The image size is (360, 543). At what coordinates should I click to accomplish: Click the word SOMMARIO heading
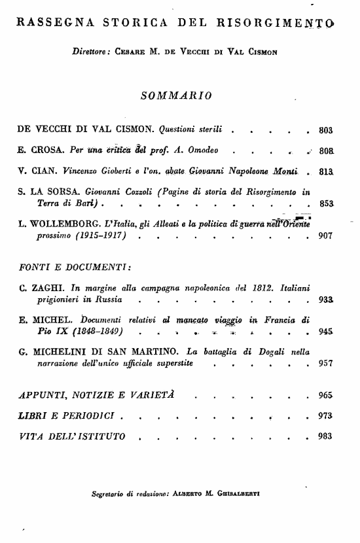pos(176,96)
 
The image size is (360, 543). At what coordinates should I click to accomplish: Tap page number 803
pos(325,130)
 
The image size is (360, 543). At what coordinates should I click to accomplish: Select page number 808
pos(326,150)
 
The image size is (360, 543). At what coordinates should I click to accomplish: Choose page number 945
pos(326,332)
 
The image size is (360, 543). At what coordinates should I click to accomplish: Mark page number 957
pos(325,364)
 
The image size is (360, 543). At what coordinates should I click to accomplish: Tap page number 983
pos(325,436)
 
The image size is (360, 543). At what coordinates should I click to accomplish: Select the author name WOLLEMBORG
pos(55,224)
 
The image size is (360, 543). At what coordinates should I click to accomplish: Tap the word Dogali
pos(265,352)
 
